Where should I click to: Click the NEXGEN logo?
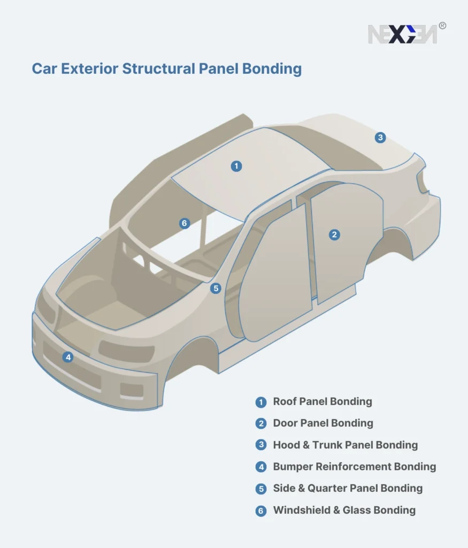[x=402, y=34]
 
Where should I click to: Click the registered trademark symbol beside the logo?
[x=442, y=25]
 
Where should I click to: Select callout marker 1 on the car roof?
[x=236, y=166]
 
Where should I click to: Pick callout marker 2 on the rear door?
[x=334, y=234]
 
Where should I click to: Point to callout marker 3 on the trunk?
[x=380, y=138]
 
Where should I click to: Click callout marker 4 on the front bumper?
[x=67, y=357]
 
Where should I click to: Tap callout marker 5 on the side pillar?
[x=216, y=288]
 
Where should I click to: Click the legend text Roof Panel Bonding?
[x=322, y=401]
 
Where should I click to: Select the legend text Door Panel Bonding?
[x=323, y=423]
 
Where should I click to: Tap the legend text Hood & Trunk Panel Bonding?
[x=345, y=445]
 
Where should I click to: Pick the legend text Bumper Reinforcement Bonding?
[x=354, y=467]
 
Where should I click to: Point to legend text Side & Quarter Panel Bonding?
[x=348, y=488]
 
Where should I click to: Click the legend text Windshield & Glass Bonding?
[x=344, y=510]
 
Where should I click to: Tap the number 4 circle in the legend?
[x=261, y=467]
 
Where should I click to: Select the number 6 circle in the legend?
[x=261, y=511]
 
